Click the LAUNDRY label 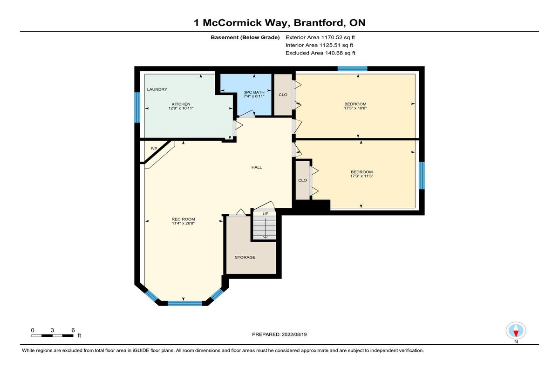point(157,89)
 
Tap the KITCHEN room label point(181,104)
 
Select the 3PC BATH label point(254,92)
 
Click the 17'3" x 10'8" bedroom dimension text point(355,108)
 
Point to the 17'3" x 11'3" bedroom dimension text point(361,176)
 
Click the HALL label point(257,167)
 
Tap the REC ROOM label point(183,219)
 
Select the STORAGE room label point(245,257)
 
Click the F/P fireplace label point(154,149)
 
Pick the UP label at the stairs point(265,214)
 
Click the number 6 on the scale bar point(73,330)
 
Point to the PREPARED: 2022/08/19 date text point(279,334)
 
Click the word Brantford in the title point(320,23)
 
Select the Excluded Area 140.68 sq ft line point(320,53)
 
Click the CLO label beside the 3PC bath point(283,95)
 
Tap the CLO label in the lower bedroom point(302,180)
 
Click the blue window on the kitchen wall point(137,108)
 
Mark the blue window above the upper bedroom point(352,68)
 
